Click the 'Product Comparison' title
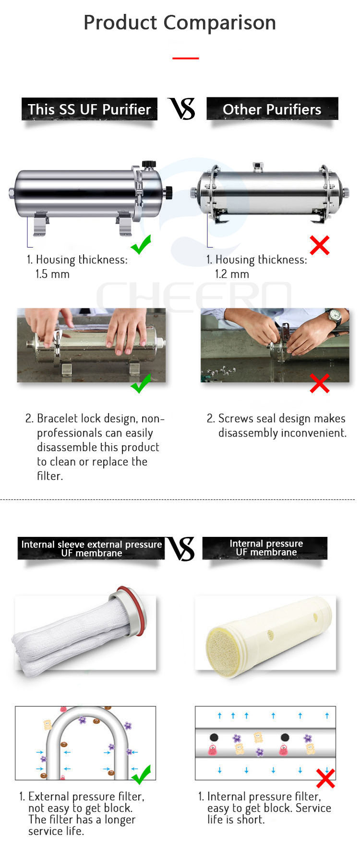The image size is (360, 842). [x=180, y=23]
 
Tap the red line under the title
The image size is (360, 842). [x=185, y=58]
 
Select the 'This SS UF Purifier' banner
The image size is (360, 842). [x=89, y=109]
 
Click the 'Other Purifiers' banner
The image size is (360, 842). [x=272, y=109]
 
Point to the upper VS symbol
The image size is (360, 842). [x=181, y=108]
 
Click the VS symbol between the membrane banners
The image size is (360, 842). [x=181, y=549]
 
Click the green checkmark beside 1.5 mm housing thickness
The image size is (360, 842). [x=141, y=244]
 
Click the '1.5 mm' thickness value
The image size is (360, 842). [x=52, y=274]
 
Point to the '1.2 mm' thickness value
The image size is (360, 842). [x=232, y=274]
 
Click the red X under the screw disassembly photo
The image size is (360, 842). [x=320, y=383]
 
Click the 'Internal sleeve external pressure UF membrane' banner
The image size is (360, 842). [x=91, y=548]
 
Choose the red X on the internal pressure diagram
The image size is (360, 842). [x=325, y=778]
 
